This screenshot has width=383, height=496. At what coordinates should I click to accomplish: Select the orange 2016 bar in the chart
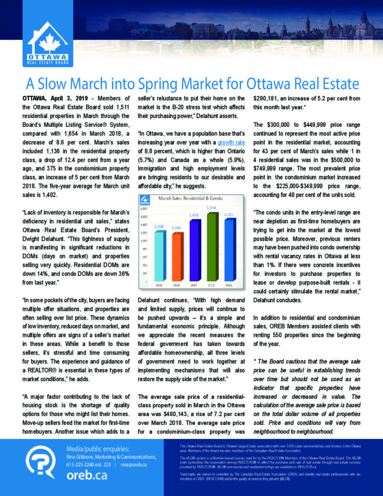[179, 257]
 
